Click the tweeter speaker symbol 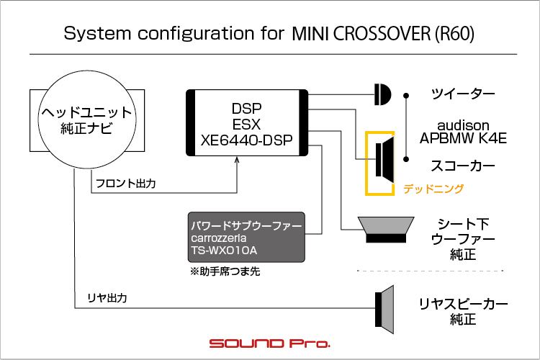coord(382,94)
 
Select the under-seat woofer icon coord(386,230)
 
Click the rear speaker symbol coord(384,310)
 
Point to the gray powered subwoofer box coord(246,237)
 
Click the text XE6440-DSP coord(246,140)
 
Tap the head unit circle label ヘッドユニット coord(87,112)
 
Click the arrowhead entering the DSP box coord(237,160)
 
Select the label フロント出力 coord(126,184)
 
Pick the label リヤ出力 coord(107,297)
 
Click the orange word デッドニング coord(433,189)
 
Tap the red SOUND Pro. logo coord(270,343)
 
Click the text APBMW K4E coord(463,138)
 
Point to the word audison coord(463,125)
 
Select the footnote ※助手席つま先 coord(225,271)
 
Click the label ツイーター coord(463,94)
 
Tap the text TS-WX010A coord(224,251)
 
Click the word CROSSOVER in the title coord(382,34)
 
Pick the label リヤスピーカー coord(463,304)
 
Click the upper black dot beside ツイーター coord(406,96)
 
